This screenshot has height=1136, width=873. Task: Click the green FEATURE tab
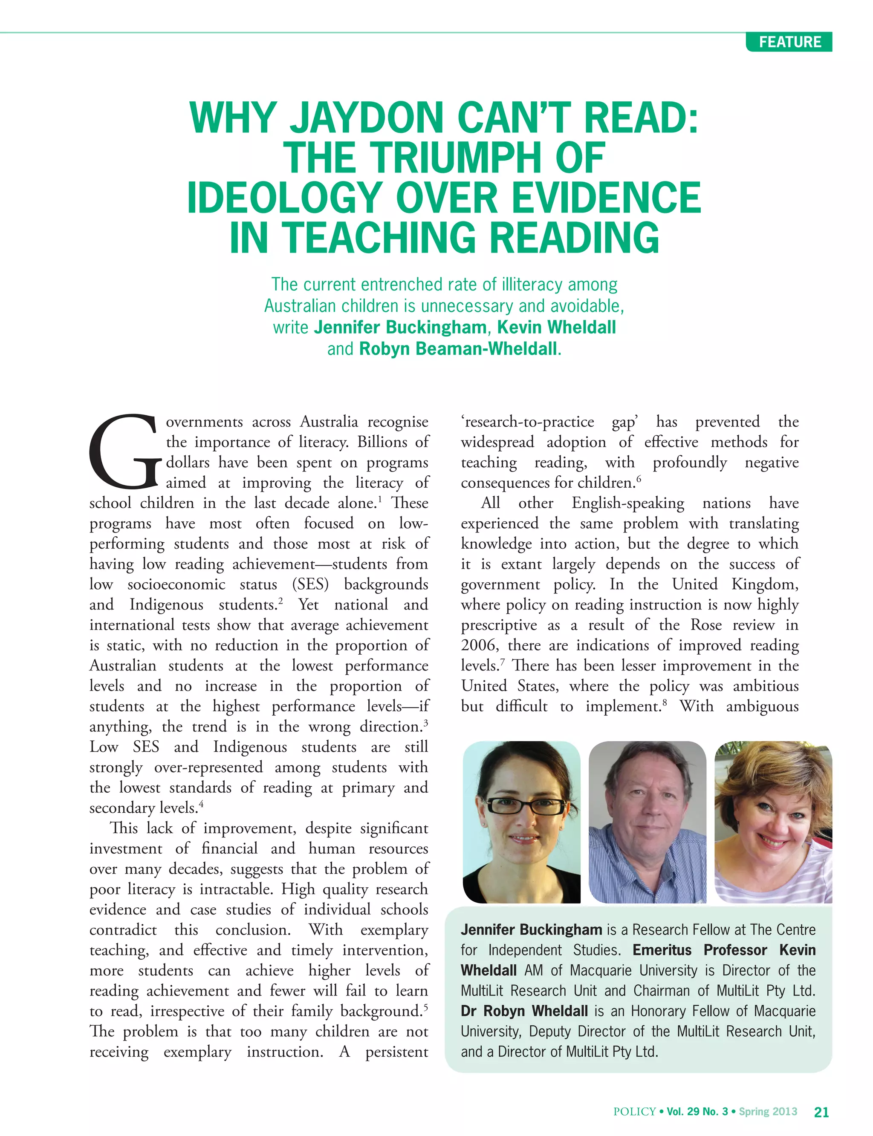point(789,42)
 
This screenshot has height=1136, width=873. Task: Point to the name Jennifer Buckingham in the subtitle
point(400,327)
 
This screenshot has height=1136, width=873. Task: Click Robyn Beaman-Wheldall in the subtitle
point(458,348)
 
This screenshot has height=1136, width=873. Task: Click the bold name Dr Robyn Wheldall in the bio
point(524,1011)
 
